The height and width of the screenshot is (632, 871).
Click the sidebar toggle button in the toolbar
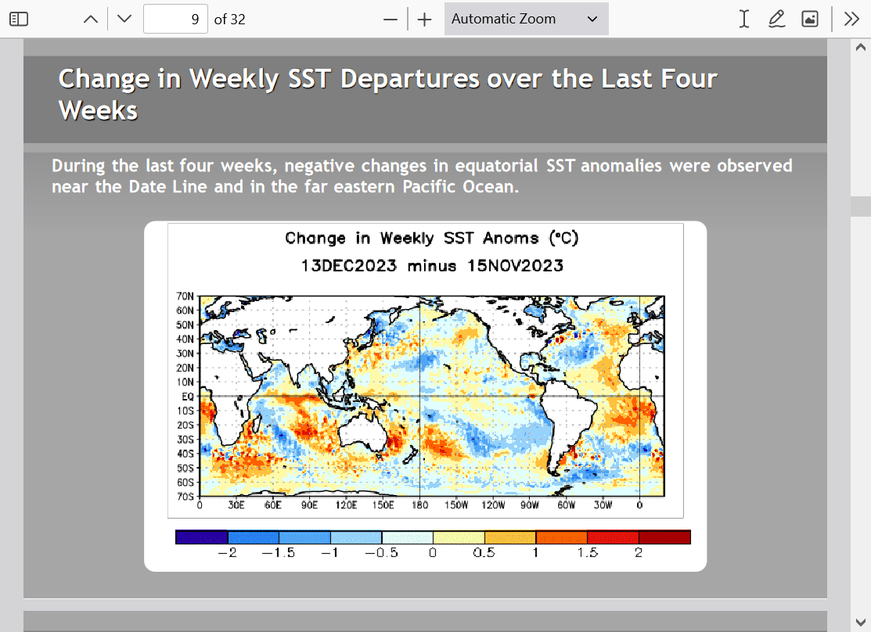19,19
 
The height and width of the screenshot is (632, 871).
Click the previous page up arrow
91,20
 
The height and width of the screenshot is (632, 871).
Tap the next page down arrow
124,19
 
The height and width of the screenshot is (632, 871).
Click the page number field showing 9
175,19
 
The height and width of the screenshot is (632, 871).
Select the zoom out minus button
391,20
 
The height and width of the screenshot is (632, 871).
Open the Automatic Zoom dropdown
526,19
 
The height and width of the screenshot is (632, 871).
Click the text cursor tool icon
743,19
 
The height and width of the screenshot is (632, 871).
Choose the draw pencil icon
776,19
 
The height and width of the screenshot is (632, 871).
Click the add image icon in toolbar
810,19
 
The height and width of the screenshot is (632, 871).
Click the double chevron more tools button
851,19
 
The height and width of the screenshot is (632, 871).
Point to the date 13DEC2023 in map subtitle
349,265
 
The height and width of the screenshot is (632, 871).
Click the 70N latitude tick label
185,296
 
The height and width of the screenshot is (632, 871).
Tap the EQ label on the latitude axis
188,397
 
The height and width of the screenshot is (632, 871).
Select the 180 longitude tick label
420,505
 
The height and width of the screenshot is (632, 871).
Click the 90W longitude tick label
529,505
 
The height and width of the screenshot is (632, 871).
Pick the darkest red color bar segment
664,537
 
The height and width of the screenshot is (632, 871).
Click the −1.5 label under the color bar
279,552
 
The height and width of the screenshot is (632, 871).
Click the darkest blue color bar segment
202,537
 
